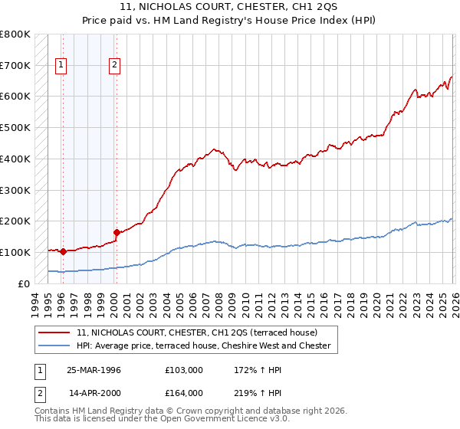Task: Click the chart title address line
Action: (x=230, y=7)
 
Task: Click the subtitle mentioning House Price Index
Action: (x=230, y=21)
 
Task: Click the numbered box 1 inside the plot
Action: (x=61, y=66)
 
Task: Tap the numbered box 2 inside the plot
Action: (x=114, y=66)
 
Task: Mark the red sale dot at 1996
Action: (x=62, y=251)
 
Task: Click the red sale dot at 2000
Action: (x=116, y=232)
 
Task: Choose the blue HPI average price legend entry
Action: (x=203, y=346)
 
